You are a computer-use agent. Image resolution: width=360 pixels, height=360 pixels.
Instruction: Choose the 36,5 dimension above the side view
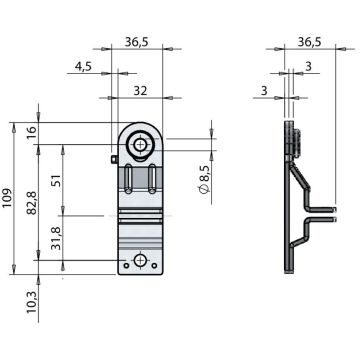click(309, 42)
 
